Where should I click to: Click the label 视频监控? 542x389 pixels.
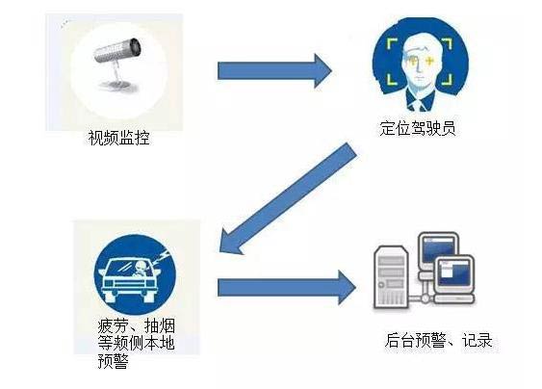pyautogui.click(x=119, y=138)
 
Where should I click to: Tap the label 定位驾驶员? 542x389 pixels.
pyautogui.click(x=418, y=128)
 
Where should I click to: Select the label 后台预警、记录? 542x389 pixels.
pyautogui.click(x=438, y=340)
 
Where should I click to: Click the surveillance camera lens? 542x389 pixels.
pyautogui.click(x=136, y=46)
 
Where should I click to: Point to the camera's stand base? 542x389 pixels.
pyautogui.click(x=116, y=85)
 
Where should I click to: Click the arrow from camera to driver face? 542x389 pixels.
pyautogui.click(x=274, y=71)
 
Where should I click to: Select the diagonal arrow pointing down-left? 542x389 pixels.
pyautogui.click(x=288, y=198)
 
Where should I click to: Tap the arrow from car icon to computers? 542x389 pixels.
pyautogui.click(x=287, y=287)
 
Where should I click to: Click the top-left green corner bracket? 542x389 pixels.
pyautogui.click(x=392, y=43)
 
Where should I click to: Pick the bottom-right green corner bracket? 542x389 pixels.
pyautogui.click(x=448, y=79)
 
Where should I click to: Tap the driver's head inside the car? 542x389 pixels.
pyautogui.click(x=141, y=266)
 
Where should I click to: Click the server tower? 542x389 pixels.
pyautogui.click(x=391, y=276)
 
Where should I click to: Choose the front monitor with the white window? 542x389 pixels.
pyautogui.click(x=454, y=273)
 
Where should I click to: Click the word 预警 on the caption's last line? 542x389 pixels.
pyautogui.click(x=113, y=361)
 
